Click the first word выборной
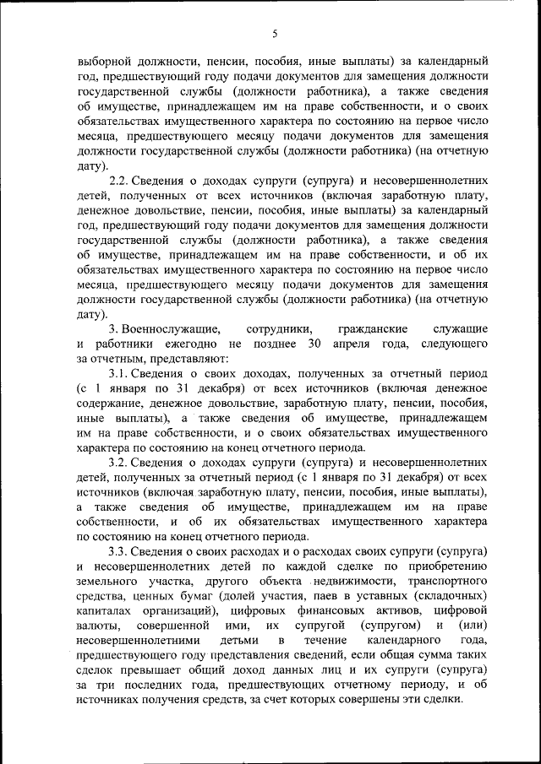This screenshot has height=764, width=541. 102,61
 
